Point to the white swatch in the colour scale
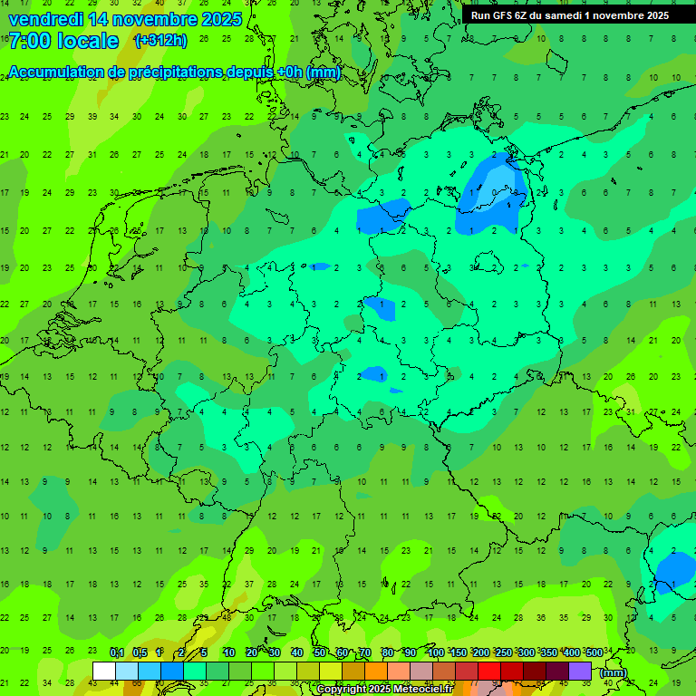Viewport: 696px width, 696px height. click(104, 671)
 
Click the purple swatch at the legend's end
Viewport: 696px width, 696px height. click(580, 671)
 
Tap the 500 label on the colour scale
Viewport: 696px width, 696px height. click(594, 653)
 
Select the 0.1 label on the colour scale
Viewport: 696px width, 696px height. click(116, 653)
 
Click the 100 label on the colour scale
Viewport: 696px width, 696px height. click(435, 653)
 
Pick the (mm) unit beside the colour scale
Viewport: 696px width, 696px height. click(614, 672)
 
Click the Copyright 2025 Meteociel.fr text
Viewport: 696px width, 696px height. click(384, 690)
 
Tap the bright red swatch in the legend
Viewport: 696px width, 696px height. click(489, 671)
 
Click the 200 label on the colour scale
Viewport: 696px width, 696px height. click(480, 653)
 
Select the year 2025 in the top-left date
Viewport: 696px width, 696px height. click(221, 19)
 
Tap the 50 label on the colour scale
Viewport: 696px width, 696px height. click(320, 653)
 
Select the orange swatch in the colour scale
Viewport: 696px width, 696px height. click(376, 671)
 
